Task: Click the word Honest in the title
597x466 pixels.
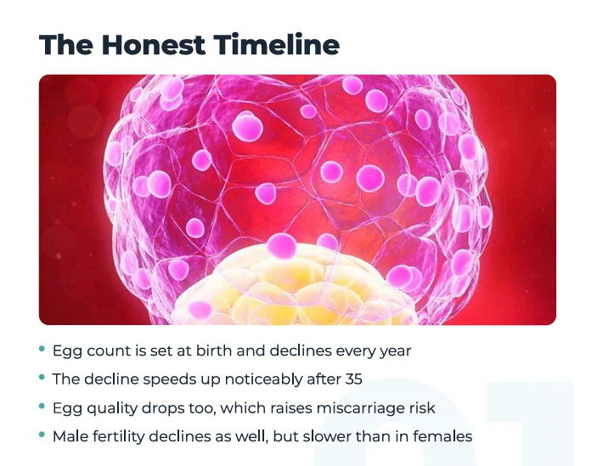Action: tap(154, 44)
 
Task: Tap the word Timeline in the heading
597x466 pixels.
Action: tap(276, 44)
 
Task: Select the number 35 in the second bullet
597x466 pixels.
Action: tap(354, 379)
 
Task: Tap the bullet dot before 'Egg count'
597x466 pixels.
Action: tap(42, 349)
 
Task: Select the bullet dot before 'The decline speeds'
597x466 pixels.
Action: tap(42, 377)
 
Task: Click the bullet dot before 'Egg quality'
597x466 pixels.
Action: tap(42, 406)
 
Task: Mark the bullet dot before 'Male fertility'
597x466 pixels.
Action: tap(42, 435)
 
